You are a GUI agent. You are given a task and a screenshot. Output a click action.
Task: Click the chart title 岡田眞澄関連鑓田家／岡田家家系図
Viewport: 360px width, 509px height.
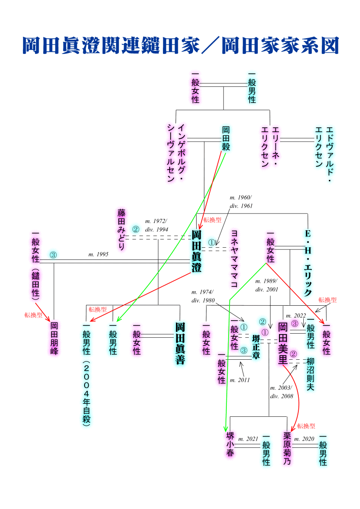180,45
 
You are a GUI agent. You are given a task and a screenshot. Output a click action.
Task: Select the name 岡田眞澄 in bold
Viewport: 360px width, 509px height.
197,251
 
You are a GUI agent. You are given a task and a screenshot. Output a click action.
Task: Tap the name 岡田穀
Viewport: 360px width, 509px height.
226,138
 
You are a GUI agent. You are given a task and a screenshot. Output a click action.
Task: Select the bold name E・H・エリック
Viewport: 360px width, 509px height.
308,263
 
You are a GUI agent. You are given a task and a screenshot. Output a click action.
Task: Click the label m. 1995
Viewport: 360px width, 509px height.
98,254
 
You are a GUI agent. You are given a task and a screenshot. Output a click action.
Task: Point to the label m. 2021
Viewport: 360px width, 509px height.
248,438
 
